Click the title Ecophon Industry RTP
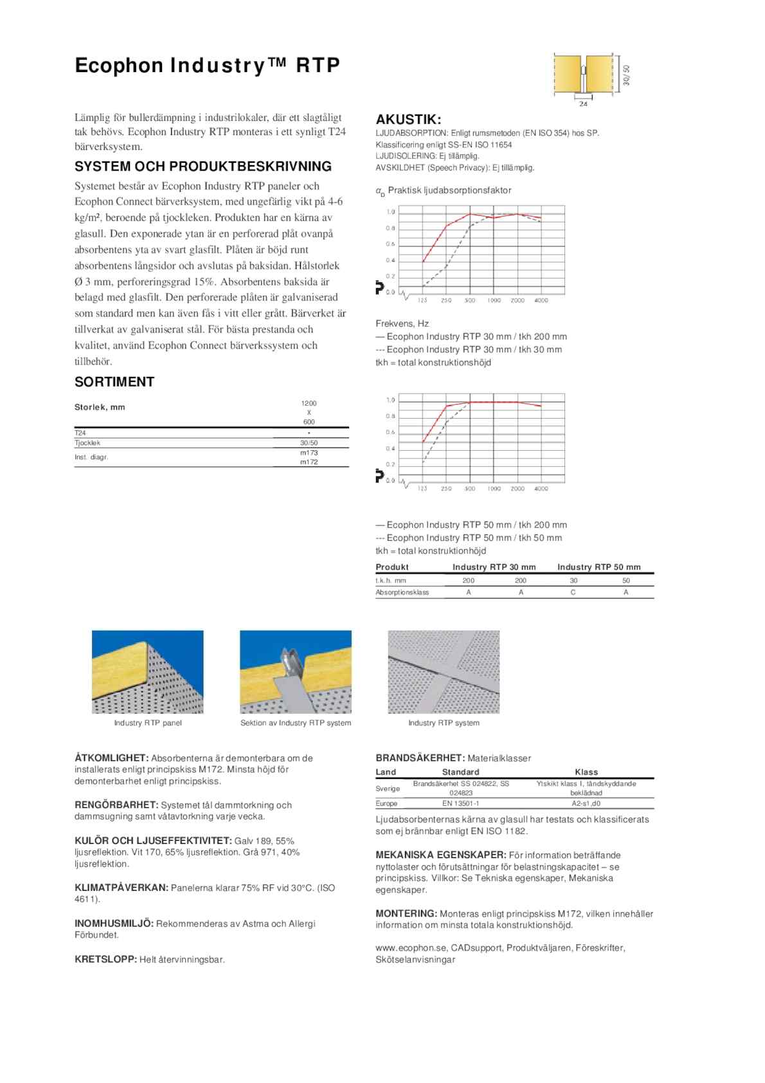click(207, 66)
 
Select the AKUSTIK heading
click(408, 120)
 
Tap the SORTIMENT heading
click(114, 382)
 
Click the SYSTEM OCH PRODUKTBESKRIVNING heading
click(203, 167)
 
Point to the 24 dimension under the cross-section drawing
click(583, 104)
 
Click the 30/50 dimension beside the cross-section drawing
click(627, 75)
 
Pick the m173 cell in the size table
click(309, 453)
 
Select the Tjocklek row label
click(87, 443)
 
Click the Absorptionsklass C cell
click(573, 592)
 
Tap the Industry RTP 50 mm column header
click(598, 567)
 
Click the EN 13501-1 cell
click(460, 803)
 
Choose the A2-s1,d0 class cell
click(586, 803)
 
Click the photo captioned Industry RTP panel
click(148, 671)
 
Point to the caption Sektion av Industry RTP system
click(296, 723)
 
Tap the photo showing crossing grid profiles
click(444, 671)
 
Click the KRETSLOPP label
click(106, 960)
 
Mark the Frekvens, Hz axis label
click(402, 323)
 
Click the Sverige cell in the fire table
click(388, 788)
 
